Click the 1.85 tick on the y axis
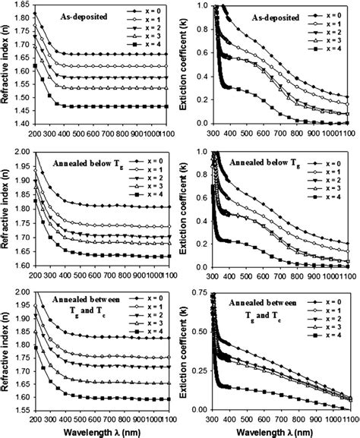[17, 5]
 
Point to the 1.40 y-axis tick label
[17, 123]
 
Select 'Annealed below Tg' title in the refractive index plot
[83, 162]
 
